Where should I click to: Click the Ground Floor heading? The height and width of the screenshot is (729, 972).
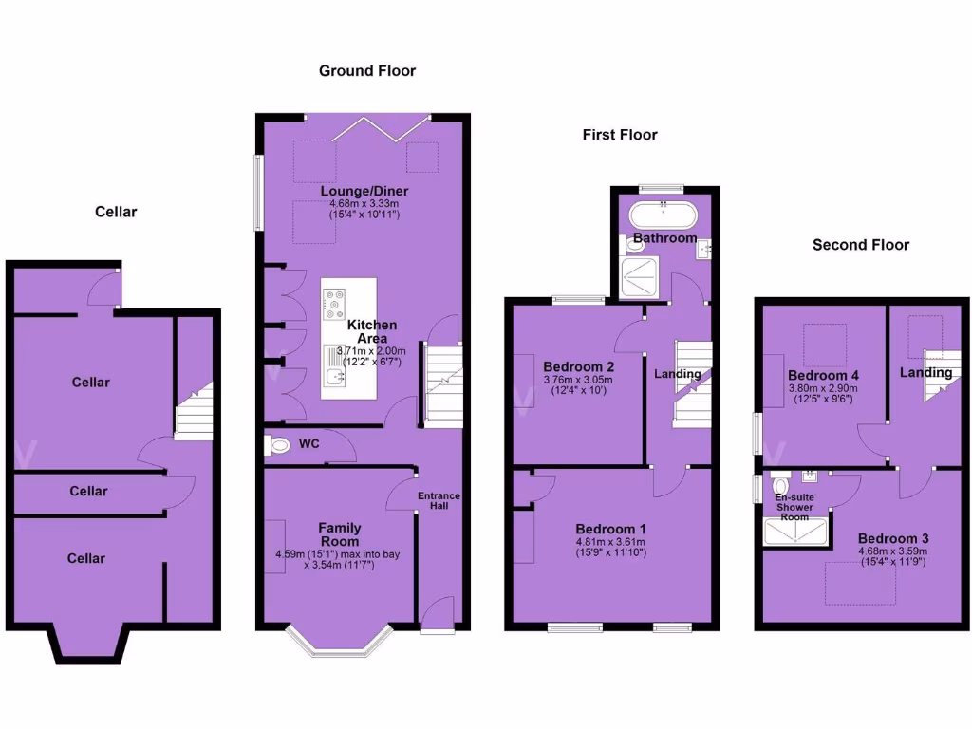366,70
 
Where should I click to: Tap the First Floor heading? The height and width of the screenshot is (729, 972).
620,135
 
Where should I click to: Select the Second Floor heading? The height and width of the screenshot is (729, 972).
860,245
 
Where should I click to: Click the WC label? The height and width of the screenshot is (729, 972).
308,443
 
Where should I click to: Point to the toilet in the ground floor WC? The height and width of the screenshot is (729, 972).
278,443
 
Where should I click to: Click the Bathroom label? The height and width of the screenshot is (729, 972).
664,237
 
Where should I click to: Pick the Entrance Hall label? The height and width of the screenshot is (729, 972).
439,500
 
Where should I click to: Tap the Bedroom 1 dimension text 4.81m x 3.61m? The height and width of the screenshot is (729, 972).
610,542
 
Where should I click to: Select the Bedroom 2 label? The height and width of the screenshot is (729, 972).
578,366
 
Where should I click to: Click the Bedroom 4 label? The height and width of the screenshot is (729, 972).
823,375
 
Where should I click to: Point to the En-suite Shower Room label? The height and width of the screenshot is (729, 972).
794,507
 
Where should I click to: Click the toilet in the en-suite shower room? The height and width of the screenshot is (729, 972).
780,486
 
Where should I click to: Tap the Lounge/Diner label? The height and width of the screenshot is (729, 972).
364,191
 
